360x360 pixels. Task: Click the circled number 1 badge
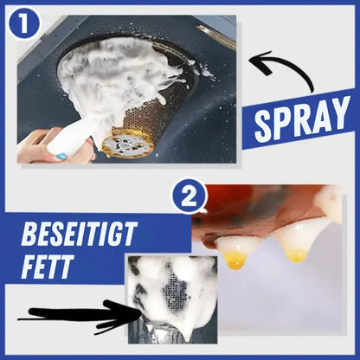point(24,24)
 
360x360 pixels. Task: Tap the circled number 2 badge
point(190,196)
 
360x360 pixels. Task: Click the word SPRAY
point(301,119)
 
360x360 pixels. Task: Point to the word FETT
point(46,267)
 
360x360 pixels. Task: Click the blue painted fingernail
point(61,157)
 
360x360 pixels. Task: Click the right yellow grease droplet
point(296,255)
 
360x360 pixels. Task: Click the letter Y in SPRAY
point(338,112)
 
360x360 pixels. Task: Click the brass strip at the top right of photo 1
point(215,37)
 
